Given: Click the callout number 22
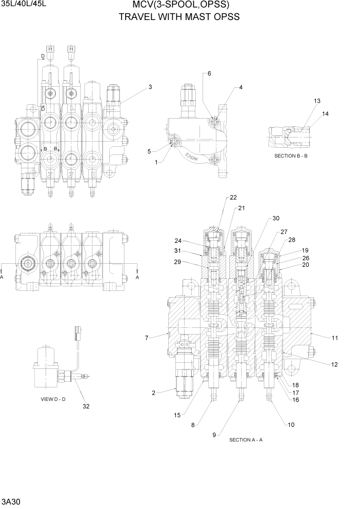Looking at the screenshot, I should tap(233, 198).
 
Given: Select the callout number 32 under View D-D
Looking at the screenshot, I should tap(87, 406).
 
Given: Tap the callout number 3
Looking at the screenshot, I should tap(150, 87).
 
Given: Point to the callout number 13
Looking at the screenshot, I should tap(317, 101).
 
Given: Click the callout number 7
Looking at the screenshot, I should tap(147, 338).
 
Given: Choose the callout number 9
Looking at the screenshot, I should tap(214, 435).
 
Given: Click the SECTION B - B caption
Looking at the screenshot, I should tap(291, 155).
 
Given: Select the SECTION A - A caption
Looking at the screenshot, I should tap(246, 440).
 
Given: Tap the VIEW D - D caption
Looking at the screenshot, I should tap(53, 399).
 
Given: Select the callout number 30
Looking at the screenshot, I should tap(276, 218).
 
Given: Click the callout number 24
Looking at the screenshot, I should tap(178, 241).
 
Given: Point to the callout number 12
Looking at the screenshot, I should tap(334, 365).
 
